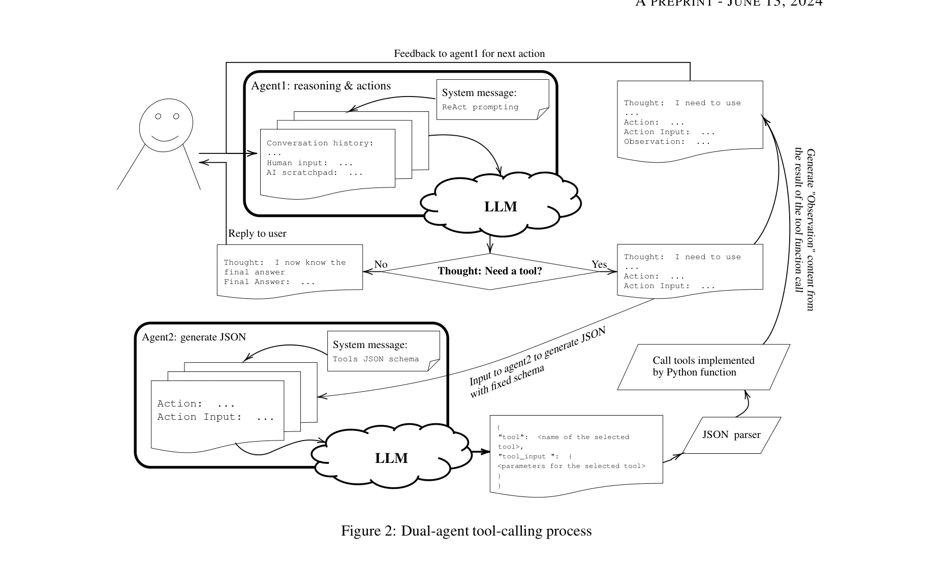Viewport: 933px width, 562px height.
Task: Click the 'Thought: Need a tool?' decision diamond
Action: point(490,271)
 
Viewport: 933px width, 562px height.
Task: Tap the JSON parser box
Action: point(731,435)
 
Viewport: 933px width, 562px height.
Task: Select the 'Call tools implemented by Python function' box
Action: point(703,367)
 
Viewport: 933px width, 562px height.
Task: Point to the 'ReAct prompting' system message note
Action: point(492,100)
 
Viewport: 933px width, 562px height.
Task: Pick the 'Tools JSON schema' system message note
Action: point(383,352)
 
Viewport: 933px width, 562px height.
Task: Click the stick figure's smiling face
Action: point(166,125)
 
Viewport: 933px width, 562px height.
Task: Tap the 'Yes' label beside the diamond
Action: point(599,264)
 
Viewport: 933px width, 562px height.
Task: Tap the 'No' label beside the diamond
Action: point(381,264)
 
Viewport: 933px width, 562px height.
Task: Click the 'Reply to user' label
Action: point(257,234)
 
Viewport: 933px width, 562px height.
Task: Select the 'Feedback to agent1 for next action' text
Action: point(469,54)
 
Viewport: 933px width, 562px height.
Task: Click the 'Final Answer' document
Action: point(290,271)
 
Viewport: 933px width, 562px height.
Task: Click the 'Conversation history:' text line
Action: point(320,143)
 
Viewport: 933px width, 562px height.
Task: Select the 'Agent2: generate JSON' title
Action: point(194,337)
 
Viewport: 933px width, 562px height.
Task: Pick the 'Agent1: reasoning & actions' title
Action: point(321,86)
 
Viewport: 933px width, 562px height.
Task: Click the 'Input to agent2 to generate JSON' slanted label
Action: point(537,356)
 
